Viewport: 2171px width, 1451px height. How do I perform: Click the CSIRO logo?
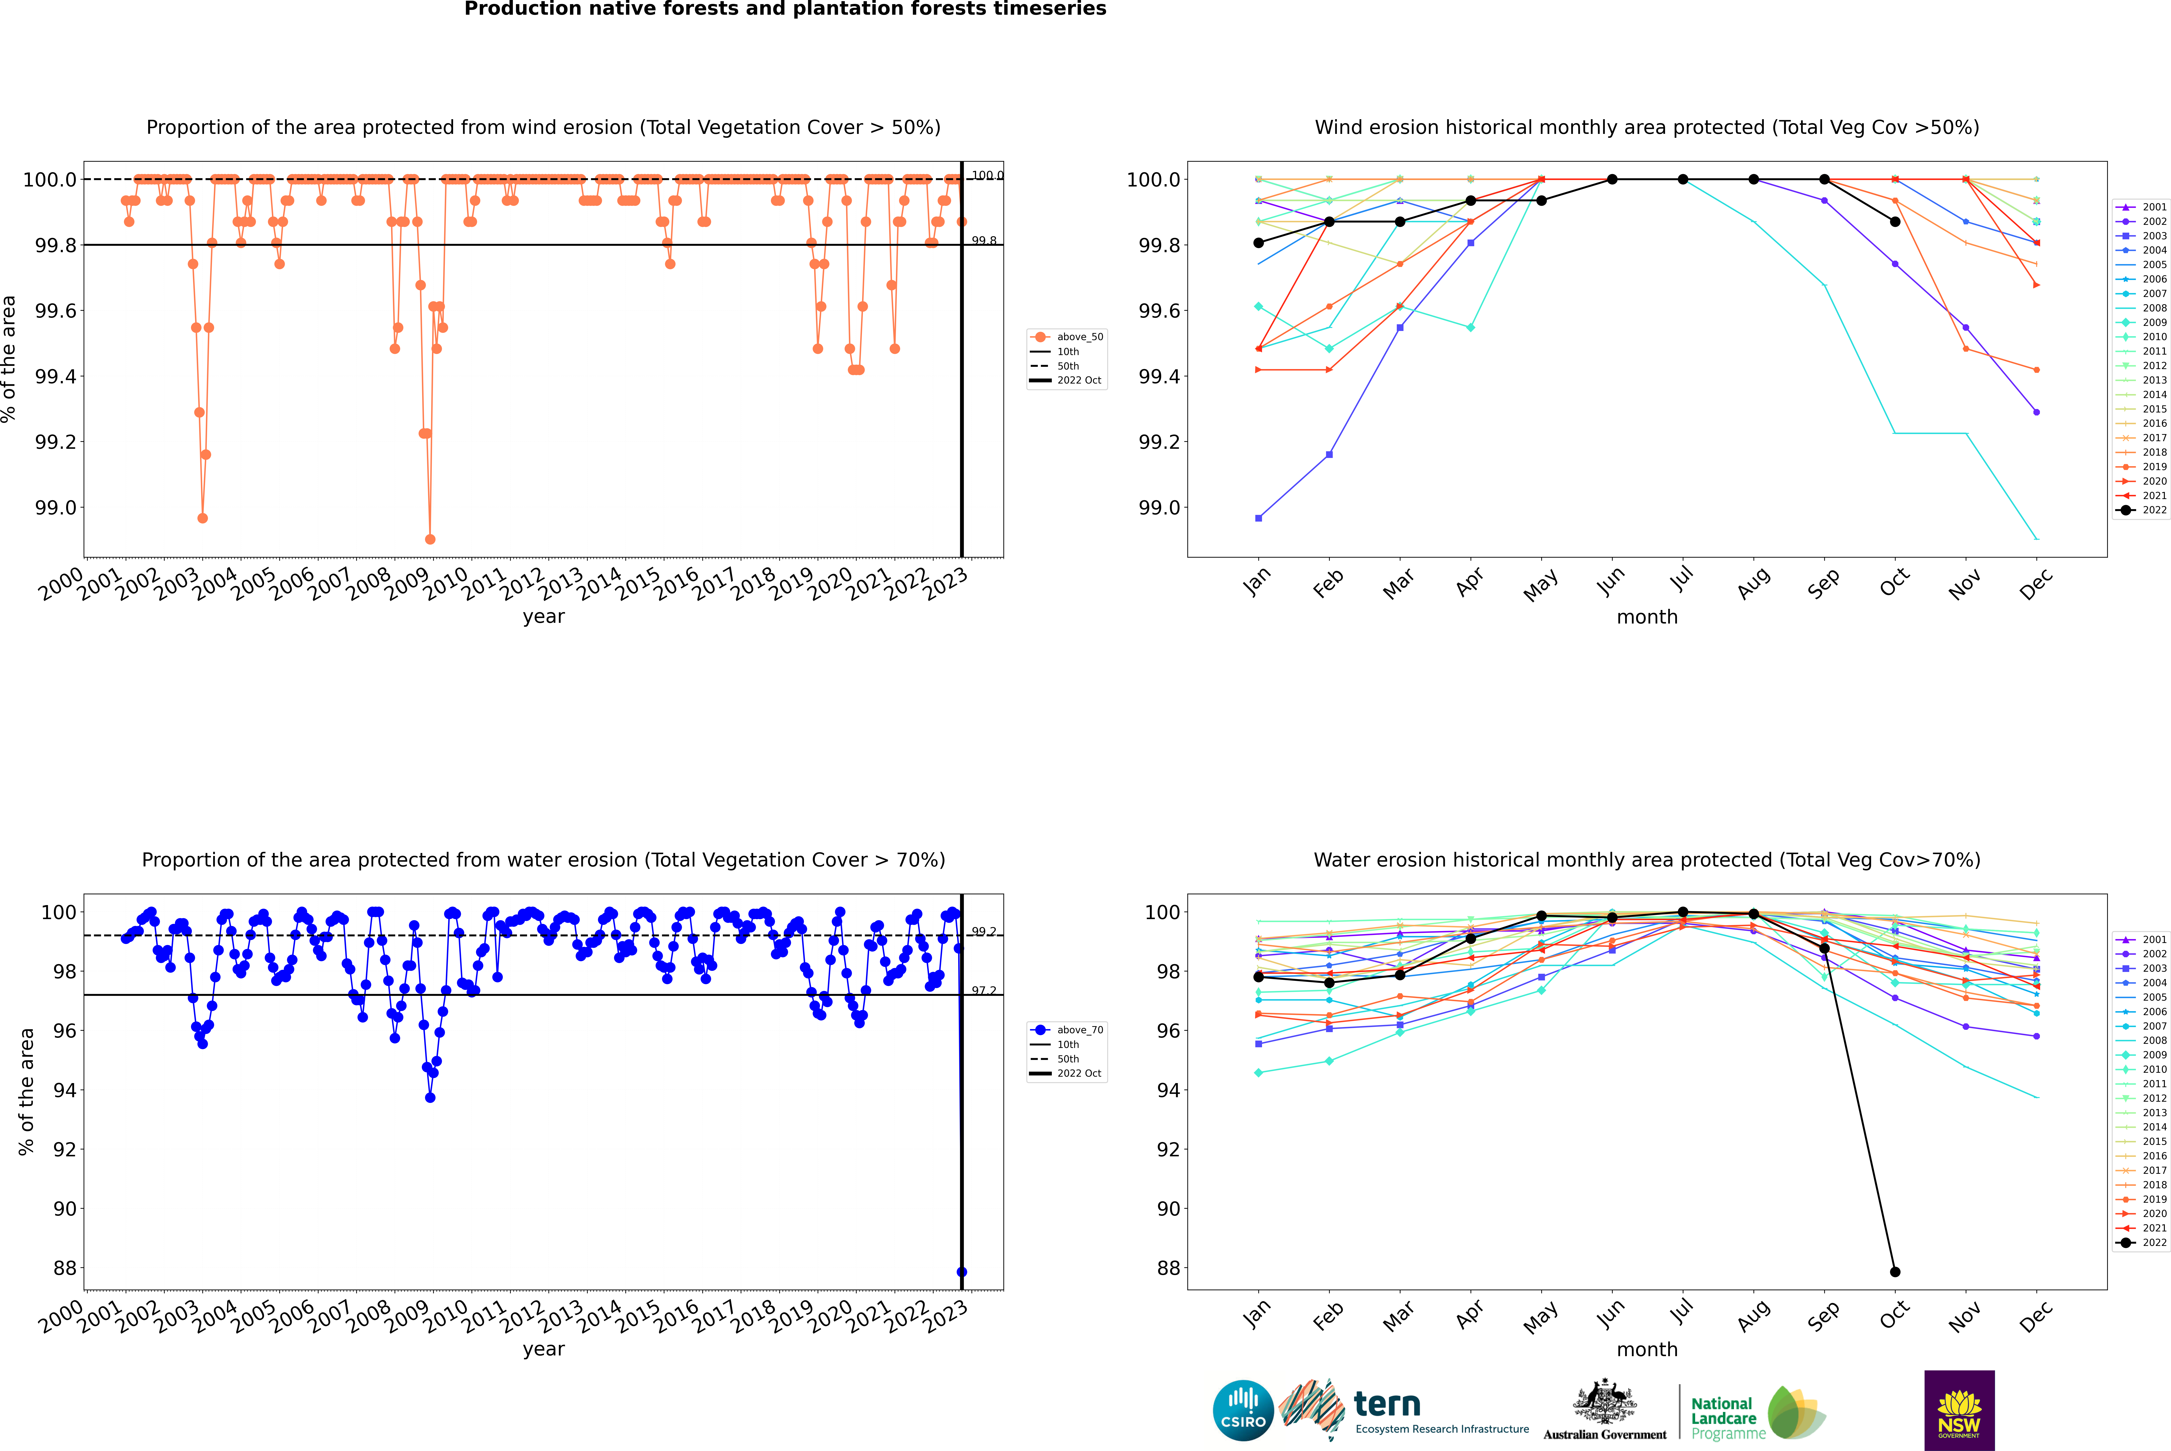point(1243,1410)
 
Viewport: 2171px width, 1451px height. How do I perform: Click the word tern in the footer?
point(1386,1404)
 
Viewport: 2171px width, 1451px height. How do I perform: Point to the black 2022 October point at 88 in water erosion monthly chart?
point(1894,1271)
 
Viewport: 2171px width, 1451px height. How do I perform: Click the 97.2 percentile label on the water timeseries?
point(984,991)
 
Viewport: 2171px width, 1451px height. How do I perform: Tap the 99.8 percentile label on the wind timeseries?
point(984,241)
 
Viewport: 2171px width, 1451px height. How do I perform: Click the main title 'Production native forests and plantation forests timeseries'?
point(785,9)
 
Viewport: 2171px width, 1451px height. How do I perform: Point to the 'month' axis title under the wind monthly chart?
point(1646,617)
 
